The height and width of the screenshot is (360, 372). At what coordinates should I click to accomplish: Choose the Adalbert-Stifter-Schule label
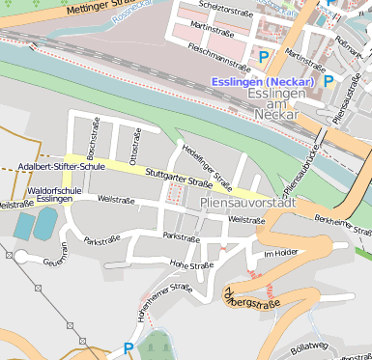pyautogui.click(x=61, y=166)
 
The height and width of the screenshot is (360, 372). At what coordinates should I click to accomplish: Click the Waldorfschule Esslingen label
pyautogui.click(x=52, y=196)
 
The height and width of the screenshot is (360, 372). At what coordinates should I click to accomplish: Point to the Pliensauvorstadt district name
pyautogui.click(x=245, y=203)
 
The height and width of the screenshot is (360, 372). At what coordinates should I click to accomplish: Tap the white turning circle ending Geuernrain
pyautogui.click(x=21, y=256)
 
